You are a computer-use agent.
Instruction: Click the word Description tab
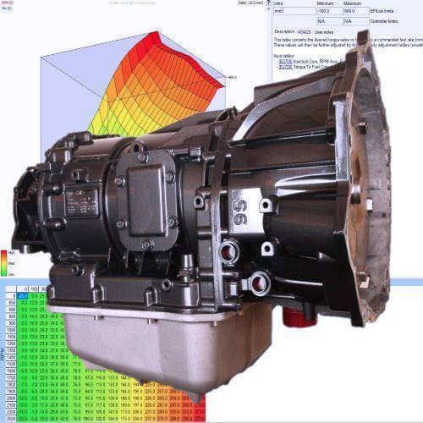pyautogui.click(x=283, y=31)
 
